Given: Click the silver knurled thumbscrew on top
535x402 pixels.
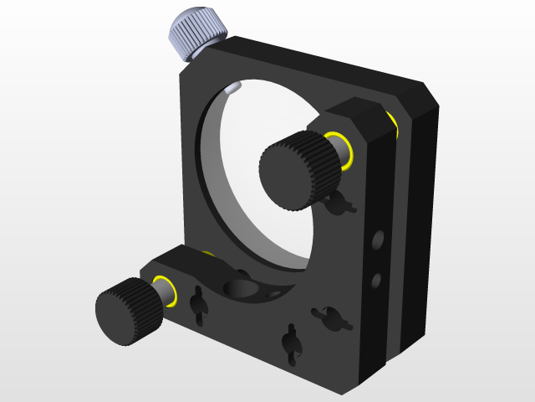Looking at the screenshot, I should pos(198,33).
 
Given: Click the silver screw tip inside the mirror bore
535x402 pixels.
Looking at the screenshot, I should pos(234,86).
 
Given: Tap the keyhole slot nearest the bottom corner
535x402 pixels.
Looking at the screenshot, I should pos(291,344).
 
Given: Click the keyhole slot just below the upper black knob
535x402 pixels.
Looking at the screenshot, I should pos(339,202).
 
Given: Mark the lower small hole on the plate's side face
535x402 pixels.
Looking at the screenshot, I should pos(377,278).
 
